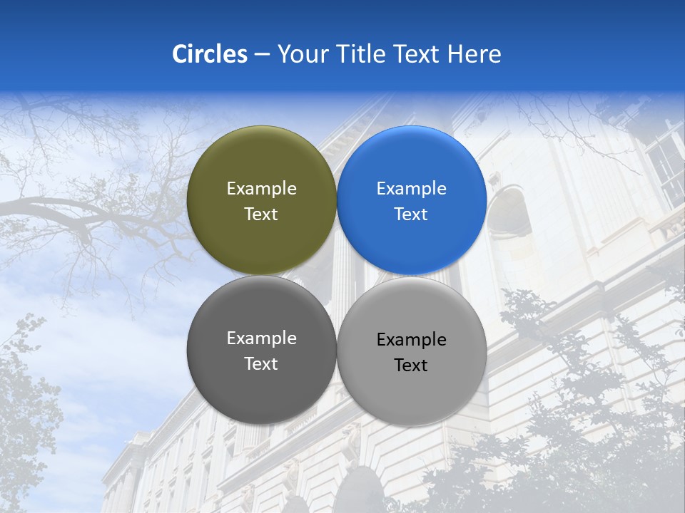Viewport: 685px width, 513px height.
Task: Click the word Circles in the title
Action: pyautogui.click(x=209, y=54)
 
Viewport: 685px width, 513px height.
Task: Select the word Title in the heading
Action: pyautogui.click(x=362, y=54)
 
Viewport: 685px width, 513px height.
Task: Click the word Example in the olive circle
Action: pyautogui.click(x=261, y=189)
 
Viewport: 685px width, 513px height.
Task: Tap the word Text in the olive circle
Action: pyautogui.click(x=261, y=214)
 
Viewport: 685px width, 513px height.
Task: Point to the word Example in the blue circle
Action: pyautogui.click(x=411, y=189)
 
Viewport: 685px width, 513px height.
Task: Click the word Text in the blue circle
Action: pyautogui.click(x=411, y=214)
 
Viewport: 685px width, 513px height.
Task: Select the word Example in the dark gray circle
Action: pyautogui.click(x=261, y=338)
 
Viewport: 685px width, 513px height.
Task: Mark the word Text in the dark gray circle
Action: pyautogui.click(x=261, y=364)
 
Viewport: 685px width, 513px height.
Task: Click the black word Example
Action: pyautogui.click(x=411, y=340)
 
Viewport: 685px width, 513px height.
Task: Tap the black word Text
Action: pyautogui.click(x=411, y=366)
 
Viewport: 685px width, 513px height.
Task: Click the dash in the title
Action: pyautogui.click(x=262, y=55)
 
